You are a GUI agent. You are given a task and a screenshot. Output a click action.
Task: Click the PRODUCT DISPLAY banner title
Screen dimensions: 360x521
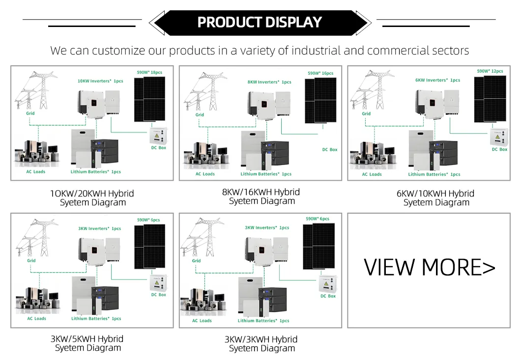point(260,23)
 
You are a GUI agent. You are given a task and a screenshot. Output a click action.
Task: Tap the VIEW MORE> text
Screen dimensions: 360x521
point(429,267)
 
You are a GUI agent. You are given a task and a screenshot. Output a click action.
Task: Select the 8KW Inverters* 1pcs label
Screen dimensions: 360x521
point(269,82)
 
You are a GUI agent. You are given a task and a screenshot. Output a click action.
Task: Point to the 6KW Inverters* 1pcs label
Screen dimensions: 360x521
point(437,80)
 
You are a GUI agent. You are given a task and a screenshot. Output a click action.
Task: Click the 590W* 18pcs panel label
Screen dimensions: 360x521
point(149,72)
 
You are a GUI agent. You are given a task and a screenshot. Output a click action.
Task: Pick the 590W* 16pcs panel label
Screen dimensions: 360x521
point(320,73)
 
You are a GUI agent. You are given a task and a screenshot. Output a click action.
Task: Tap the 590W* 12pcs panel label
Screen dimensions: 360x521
point(490,71)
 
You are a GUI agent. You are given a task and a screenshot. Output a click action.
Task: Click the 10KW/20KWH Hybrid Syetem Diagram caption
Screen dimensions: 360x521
point(92,198)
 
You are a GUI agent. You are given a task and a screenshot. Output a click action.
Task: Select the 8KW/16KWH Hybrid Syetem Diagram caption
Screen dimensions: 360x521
point(261,196)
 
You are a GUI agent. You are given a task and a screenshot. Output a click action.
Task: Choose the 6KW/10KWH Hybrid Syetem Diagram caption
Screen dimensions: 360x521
point(435,198)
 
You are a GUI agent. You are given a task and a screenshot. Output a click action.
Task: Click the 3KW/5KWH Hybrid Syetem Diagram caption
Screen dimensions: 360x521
point(87,343)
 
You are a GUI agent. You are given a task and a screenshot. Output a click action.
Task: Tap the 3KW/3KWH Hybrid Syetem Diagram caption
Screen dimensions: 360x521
point(261,344)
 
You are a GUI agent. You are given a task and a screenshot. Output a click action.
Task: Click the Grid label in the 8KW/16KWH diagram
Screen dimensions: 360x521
point(200,115)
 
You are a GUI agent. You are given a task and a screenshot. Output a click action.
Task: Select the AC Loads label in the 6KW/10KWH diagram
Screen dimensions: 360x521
point(372,174)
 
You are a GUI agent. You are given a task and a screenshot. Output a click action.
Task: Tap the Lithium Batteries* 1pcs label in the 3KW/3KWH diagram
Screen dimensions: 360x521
point(263,321)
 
